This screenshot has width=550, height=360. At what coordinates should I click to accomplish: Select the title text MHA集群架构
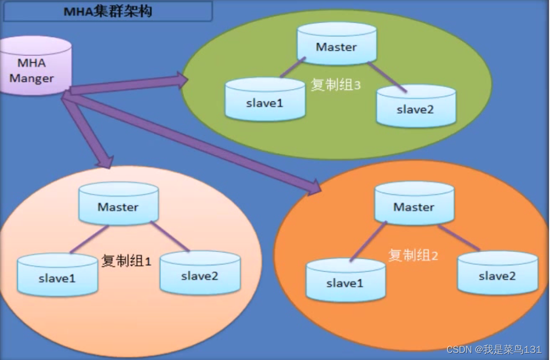(x=107, y=11)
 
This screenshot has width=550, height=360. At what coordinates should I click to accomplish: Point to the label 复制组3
(x=336, y=85)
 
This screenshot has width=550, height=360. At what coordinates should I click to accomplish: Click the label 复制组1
(x=126, y=261)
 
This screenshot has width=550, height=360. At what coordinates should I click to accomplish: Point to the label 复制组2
(x=413, y=255)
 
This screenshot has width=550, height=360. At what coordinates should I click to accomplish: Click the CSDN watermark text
(x=494, y=349)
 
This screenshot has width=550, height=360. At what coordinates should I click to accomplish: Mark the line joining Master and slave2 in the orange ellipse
(x=459, y=237)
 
